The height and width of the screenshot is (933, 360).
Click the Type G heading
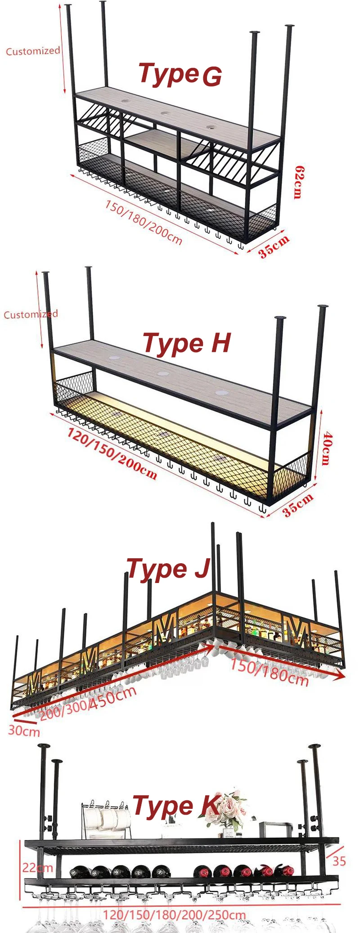pyautogui.click(x=180, y=75)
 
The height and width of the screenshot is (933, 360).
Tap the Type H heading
pyautogui.click(x=186, y=343)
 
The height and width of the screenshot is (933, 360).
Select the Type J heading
pyautogui.click(x=168, y=569)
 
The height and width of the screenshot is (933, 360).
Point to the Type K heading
pyautogui.click(x=175, y=806)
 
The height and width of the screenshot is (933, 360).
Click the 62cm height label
pyautogui.click(x=297, y=182)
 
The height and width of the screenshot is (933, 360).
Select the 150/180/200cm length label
pyautogui.click(x=144, y=222)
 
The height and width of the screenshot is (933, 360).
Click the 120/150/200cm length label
pyautogui.click(x=112, y=453)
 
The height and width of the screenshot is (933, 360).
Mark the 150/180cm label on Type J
pyautogui.click(x=269, y=672)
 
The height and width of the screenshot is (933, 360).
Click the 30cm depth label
pyautogui.click(x=24, y=731)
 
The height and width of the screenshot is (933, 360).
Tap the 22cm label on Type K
pyautogui.click(x=37, y=867)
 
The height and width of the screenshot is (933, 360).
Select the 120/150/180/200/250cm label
pyautogui.click(x=174, y=915)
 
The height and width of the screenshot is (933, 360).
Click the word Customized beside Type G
pyautogui.click(x=32, y=51)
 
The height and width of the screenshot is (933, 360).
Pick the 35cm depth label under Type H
pyautogui.click(x=297, y=505)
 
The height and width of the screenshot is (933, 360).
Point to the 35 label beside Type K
pyautogui.click(x=339, y=861)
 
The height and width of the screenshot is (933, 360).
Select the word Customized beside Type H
pyautogui.click(x=31, y=314)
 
